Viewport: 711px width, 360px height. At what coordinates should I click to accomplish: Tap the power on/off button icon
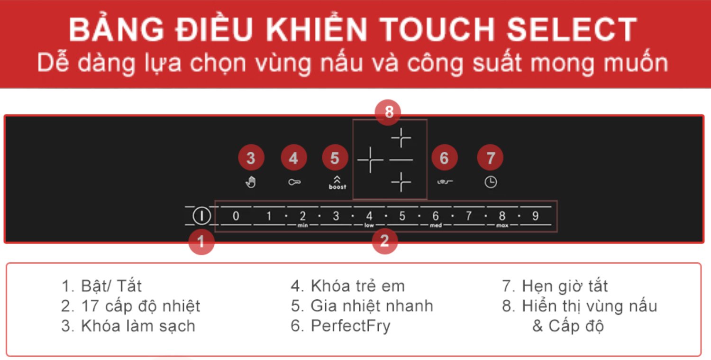[x=201, y=216]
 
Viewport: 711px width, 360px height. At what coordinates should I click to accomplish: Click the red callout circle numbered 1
[x=201, y=242]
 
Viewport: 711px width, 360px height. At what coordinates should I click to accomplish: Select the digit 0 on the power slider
[x=236, y=216]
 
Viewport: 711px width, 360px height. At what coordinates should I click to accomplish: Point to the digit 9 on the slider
[x=535, y=216]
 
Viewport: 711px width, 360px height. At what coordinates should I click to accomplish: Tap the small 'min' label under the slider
[x=303, y=225]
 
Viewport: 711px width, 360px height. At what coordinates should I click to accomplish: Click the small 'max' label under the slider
[x=502, y=225]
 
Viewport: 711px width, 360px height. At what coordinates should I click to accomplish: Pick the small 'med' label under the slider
[x=436, y=225]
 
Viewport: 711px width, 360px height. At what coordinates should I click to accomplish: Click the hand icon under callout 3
[x=251, y=182]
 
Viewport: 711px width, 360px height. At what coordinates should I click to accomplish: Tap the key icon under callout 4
[x=294, y=182]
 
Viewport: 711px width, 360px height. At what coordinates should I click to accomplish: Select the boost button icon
[x=337, y=183]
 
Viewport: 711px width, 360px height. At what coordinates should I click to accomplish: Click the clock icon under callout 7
[x=491, y=182]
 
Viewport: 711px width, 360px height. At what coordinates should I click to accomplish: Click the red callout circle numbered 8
[x=389, y=113]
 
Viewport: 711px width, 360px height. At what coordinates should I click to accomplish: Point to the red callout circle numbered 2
[x=384, y=241]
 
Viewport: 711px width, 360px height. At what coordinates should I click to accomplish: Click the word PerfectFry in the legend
[x=350, y=326]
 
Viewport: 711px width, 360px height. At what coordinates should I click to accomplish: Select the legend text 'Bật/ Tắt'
[x=111, y=286]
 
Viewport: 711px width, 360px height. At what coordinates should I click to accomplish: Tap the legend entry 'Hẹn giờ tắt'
[x=565, y=286]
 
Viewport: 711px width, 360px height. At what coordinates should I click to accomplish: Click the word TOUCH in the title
[x=437, y=30]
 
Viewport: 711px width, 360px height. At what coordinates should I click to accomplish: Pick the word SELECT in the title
[x=572, y=30]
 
